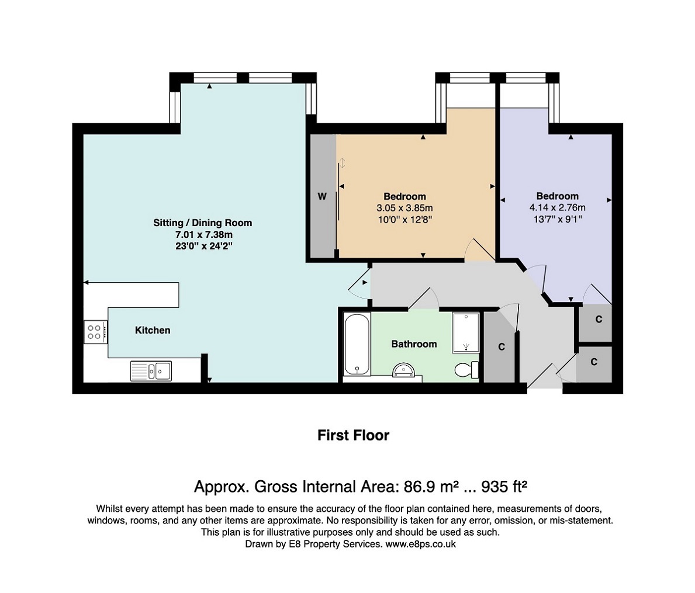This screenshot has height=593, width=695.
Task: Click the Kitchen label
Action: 153,330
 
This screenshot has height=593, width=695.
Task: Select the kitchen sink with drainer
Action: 151,370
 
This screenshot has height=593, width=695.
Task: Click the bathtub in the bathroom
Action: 357,344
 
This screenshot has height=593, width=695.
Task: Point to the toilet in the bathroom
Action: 467,370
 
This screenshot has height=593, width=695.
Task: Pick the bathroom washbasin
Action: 403,370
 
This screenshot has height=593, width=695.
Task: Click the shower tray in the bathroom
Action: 465,332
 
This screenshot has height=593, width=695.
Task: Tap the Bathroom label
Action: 414,344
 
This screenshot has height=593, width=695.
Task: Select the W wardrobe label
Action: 322,196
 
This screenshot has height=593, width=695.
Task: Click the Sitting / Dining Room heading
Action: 203,223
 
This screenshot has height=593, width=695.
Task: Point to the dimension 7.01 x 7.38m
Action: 204,235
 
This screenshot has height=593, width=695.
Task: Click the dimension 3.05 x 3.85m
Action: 404,208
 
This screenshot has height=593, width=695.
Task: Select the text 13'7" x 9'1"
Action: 558,219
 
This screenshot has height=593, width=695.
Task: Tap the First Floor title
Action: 353,435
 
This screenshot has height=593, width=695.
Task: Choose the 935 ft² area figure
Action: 504,487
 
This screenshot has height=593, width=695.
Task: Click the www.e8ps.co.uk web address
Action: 420,544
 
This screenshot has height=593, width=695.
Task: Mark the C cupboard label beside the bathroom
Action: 502,347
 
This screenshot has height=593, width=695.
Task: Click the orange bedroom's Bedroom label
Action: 404,196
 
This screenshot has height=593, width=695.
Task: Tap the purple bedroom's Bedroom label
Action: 558,196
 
